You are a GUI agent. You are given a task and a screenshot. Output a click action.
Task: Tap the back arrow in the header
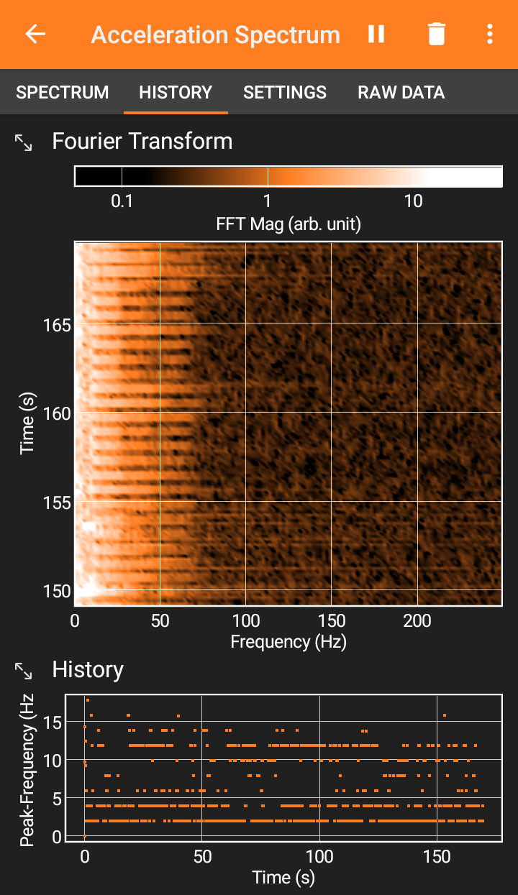(x=35, y=34)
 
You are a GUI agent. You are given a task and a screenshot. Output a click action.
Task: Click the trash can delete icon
(x=437, y=34)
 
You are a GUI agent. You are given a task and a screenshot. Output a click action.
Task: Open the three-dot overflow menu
(x=490, y=34)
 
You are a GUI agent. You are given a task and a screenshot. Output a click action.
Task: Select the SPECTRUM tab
(x=63, y=92)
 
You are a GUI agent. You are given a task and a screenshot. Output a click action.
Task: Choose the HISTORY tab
(x=176, y=92)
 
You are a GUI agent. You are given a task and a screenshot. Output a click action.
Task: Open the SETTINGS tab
(x=285, y=92)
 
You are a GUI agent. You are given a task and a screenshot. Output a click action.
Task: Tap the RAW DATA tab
(x=401, y=92)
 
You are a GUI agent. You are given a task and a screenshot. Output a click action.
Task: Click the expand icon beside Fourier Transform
(x=23, y=142)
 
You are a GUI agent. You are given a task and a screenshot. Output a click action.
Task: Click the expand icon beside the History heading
(x=23, y=671)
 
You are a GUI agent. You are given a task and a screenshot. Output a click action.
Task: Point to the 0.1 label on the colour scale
(x=122, y=201)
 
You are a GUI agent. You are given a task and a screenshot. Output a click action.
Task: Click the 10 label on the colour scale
(x=413, y=201)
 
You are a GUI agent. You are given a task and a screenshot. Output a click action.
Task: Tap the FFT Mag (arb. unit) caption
(x=288, y=224)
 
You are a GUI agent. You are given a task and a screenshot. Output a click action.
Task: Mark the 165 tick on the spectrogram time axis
(x=57, y=326)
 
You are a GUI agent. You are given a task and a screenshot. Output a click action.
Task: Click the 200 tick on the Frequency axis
(x=417, y=621)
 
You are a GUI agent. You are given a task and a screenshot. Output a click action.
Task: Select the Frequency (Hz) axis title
(x=288, y=643)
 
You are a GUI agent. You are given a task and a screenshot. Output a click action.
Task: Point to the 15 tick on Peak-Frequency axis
(x=53, y=723)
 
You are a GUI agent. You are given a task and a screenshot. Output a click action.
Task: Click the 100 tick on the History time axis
(x=319, y=857)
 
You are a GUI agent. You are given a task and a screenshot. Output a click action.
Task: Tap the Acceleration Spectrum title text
(x=216, y=35)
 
